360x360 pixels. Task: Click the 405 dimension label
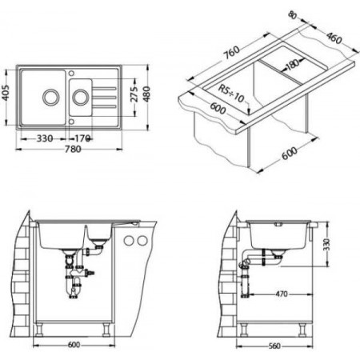pyautogui.click(x=6, y=93)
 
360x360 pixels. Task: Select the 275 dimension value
pyautogui.click(x=135, y=94)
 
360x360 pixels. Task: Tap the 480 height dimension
pyautogui.click(x=146, y=94)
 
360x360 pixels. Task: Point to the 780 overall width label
pyautogui.click(x=73, y=149)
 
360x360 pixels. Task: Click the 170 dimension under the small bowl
pyautogui.click(x=82, y=138)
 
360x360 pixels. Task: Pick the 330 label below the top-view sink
pyautogui.click(x=44, y=138)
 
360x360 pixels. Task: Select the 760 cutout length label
pyautogui.click(x=231, y=53)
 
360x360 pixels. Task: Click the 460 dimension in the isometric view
pyautogui.click(x=334, y=38)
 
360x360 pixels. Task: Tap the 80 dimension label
pyautogui.click(x=293, y=15)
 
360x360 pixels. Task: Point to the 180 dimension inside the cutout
pyautogui.click(x=293, y=64)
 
